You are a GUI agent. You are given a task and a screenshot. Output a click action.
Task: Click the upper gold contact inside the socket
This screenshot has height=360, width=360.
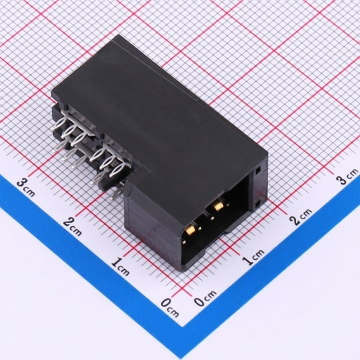(218, 205)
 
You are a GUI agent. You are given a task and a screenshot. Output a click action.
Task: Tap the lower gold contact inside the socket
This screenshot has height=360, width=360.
(190, 230)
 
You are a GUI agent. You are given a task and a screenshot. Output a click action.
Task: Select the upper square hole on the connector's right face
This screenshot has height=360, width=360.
(258, 170)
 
